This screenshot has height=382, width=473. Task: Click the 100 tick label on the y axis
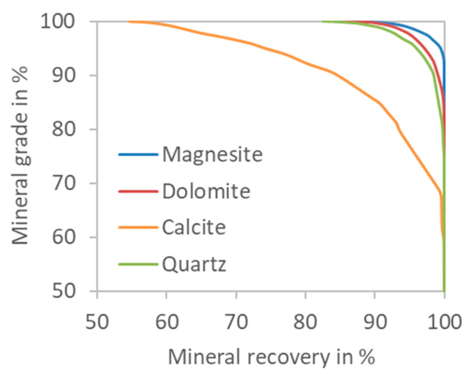coord(57,22)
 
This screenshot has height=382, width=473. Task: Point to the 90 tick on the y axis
coord(64,76)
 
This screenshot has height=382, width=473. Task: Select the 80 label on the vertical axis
coord(64,129)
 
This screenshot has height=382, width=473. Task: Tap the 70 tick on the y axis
coord(64,183)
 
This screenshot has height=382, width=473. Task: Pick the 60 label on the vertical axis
coord(64,237)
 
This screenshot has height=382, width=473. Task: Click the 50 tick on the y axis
coord(64,291)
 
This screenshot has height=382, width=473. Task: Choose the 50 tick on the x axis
coord(97,321)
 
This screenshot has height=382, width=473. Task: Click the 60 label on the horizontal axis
coord(166,321)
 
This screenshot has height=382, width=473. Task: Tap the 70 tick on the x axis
coord(236,321)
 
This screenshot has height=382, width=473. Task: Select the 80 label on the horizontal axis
coord(305,321)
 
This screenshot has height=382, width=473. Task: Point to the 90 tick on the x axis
coord(375,321)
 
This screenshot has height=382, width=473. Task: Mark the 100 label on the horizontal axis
coord(444,321)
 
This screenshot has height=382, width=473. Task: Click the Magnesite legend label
coord(213,154)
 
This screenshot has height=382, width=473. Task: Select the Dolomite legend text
coord(206,191)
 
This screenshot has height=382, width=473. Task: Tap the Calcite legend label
coord(194,228)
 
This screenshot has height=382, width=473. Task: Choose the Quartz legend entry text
coord(194,265)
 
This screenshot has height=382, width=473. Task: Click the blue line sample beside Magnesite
coord(138,155)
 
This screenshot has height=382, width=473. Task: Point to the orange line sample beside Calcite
coord(138,228)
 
